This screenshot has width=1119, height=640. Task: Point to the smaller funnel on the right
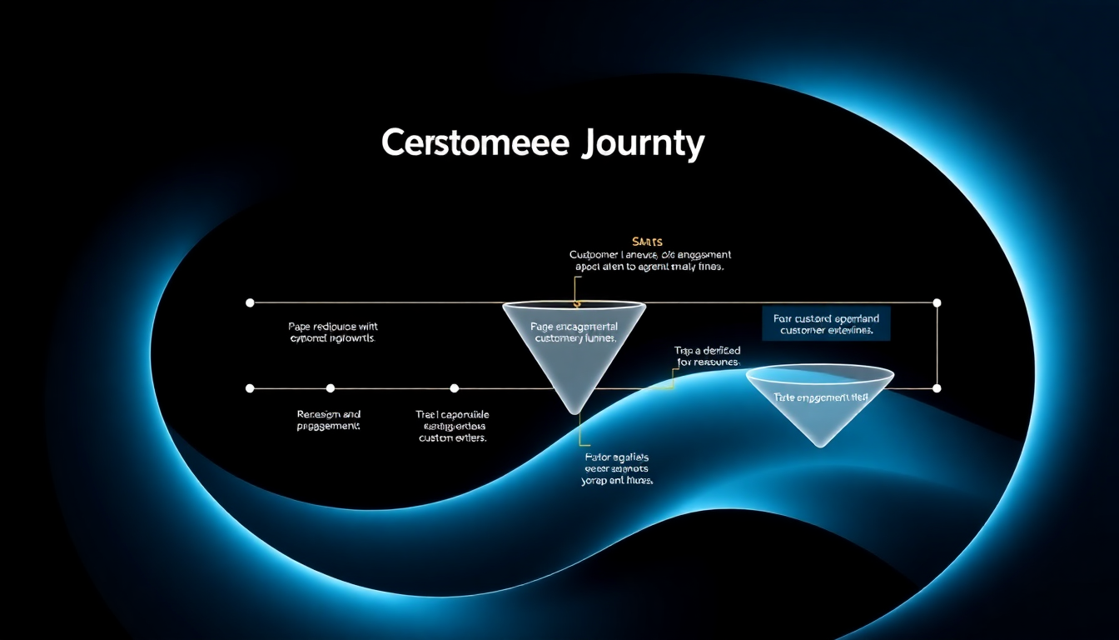[x=820, y=403]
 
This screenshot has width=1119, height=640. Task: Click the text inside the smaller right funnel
[x=821, y=397]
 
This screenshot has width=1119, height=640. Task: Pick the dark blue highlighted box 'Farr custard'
[x=826, y=324]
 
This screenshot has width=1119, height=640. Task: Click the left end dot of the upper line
[x=250, y=302]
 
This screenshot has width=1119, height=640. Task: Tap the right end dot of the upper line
[x=937, y=302]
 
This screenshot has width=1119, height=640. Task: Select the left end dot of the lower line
[x=250, y=388]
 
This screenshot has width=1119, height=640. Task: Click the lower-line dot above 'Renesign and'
[x=331, y=388]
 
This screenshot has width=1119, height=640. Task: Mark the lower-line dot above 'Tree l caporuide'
[x=454, y=388]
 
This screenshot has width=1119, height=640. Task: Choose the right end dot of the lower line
[x=937, y=388]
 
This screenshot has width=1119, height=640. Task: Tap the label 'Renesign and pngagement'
[x=329, y=420]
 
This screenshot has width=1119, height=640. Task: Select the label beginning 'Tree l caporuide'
[x=453, y=426]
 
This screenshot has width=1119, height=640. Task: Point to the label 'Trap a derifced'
[x=707, y=357]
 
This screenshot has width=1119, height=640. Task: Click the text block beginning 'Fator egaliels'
[x=618, y=469]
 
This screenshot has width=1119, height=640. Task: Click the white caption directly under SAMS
[x=649, y=261]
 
